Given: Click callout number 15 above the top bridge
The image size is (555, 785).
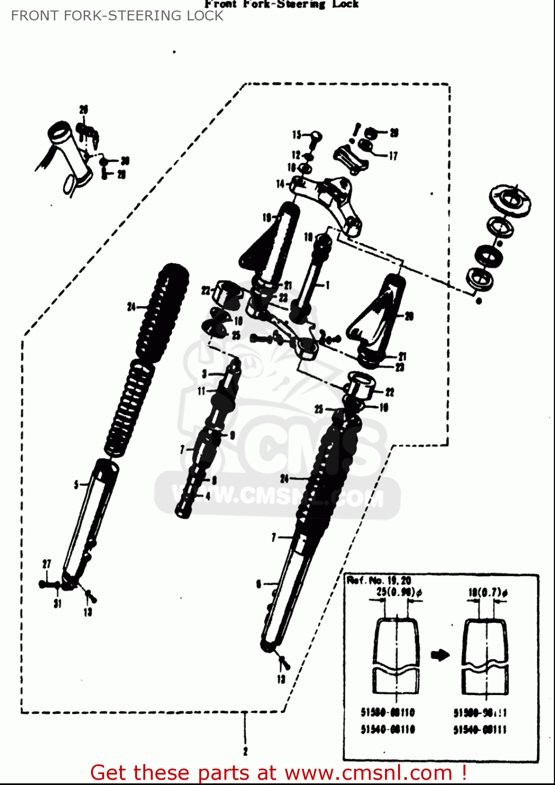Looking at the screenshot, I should click(x=297, y=135).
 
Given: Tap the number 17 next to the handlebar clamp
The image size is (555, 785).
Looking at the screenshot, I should click(x=393, y=155).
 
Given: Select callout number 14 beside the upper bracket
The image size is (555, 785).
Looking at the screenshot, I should click(x=280, y=184).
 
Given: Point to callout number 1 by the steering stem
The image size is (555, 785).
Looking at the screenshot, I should click(x=328, y=285).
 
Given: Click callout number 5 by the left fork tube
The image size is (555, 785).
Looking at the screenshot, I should click(x=76, y=485).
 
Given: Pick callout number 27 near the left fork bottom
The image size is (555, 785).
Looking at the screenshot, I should click(x=47, y=564).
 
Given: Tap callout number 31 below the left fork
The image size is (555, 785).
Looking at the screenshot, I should click(x=57, y=603).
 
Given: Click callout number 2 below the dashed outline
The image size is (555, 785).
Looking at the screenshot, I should click(x=245, y=752).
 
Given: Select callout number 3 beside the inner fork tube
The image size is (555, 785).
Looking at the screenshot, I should click(x=205, y=374).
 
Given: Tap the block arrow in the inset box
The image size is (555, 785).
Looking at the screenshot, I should click(x=440, y=655).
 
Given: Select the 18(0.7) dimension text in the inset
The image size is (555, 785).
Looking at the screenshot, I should click(x=488, y=592).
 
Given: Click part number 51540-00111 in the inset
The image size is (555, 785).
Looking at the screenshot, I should click(x=480, y=730).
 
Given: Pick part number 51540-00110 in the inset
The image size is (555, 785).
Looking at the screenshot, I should click(x=388, y=729).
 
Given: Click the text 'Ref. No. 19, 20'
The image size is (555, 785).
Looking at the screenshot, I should click(x=379, y=580).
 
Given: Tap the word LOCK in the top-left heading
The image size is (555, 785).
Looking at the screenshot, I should click(x=201, y=16).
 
